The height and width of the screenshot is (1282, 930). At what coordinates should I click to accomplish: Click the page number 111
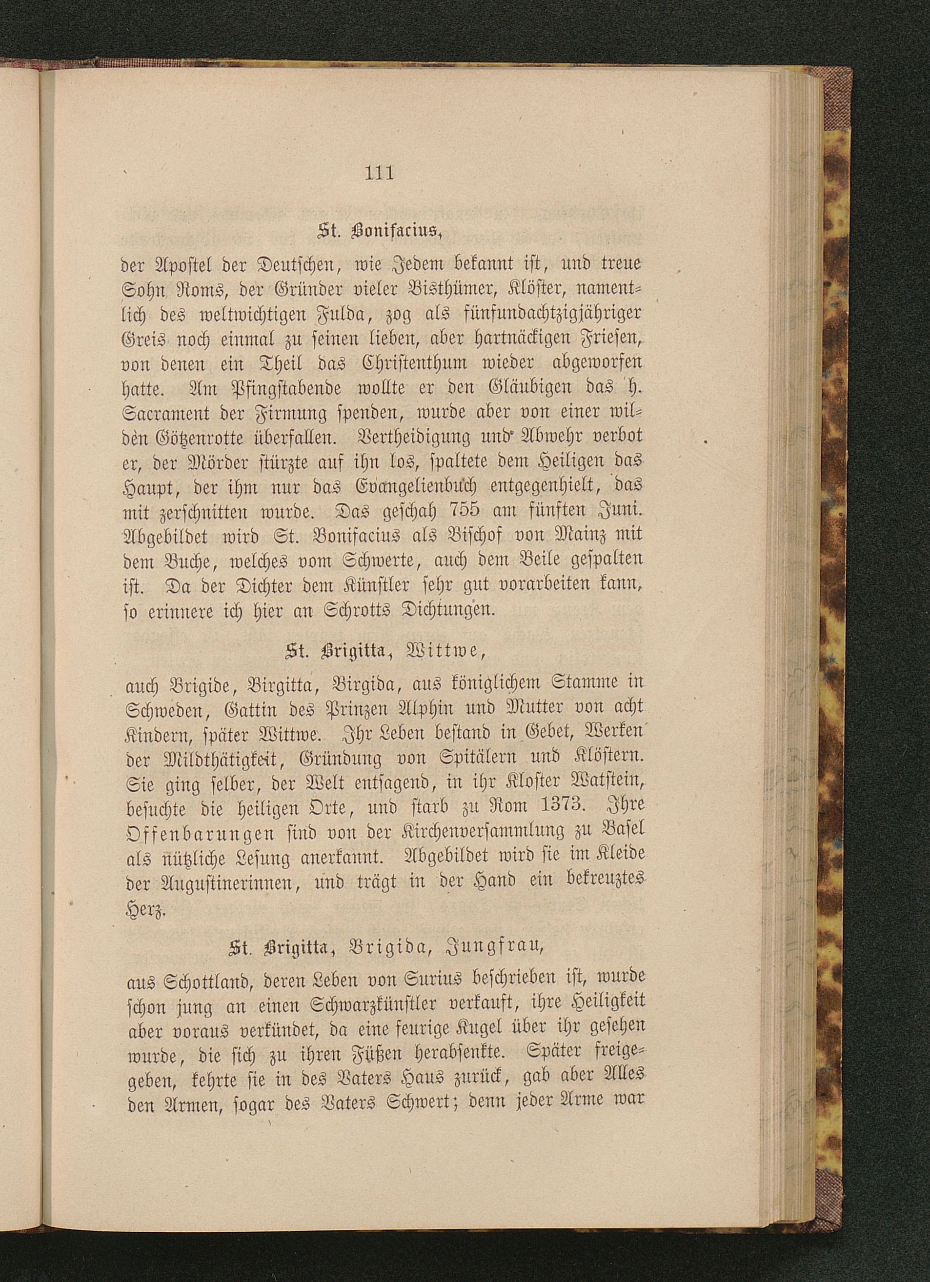379,172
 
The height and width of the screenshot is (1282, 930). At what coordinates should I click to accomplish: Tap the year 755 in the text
464,509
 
